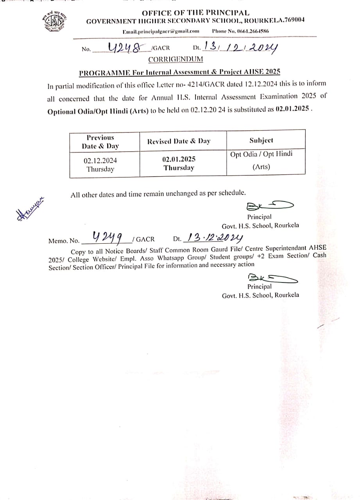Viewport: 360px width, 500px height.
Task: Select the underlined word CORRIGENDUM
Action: (x=176, y=59)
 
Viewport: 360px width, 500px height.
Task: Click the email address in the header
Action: (x=161, y=31)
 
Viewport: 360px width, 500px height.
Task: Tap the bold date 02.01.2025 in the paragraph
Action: (x=292, y=110)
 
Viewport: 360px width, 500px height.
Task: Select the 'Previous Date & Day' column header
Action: (x=100, y=142)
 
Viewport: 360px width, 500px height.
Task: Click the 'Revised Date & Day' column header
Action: (x=179, y=141)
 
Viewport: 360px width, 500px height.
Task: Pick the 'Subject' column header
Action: (x=261, y=140)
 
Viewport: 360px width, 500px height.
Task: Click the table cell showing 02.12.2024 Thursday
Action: (x=100, y=165)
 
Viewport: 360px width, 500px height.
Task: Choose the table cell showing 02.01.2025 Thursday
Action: (x=179, y=164)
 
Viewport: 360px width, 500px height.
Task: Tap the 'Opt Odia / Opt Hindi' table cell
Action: (x=261, y=154)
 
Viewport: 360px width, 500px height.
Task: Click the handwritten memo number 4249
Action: (x=107, y=237)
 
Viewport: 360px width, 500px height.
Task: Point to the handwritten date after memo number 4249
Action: (x=215, y=237)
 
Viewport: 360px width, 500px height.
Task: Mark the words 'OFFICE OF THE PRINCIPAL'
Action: (x=195, y=13)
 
